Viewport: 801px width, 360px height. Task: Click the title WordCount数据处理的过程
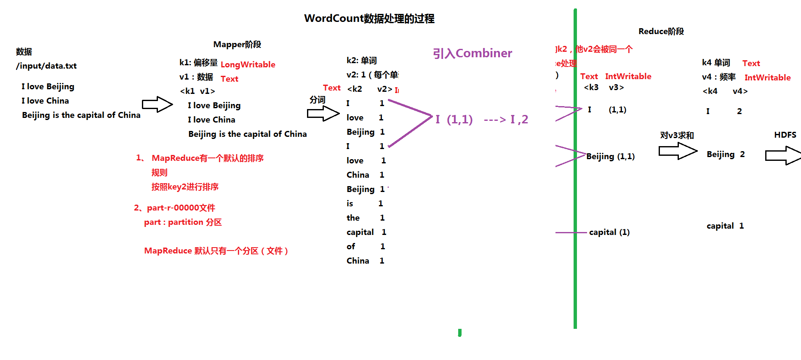coord(369,19)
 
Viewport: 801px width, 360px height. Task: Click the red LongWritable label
coord(248,64)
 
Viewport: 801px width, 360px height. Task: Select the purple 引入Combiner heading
coord(472,53)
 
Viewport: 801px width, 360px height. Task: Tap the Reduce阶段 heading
coord(661,32)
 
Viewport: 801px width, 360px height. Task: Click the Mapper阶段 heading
coord(237,45)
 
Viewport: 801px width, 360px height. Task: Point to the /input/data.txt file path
coord(46,66)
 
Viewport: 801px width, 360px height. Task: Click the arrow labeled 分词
coord(323,113)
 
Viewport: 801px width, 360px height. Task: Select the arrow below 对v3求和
coord(678,151)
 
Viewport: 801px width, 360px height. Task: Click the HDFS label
coord(785,135)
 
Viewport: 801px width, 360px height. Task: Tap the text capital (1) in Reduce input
coord(609,232)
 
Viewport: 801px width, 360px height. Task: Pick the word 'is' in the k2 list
coord(350,204)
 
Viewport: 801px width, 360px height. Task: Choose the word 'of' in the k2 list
coord(351,247)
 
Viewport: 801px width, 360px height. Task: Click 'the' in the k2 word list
coord(353,218)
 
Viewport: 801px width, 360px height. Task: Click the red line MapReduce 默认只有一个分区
coord(216,251)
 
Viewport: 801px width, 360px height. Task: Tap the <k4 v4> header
coord(725,91)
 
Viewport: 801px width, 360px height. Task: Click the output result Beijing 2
coord(725,155)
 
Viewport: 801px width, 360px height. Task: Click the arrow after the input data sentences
coord(157,104)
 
